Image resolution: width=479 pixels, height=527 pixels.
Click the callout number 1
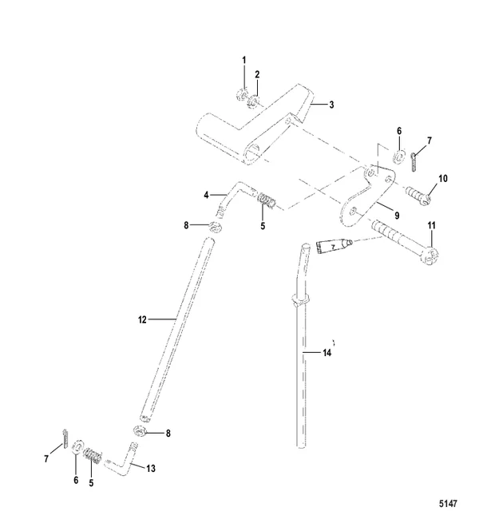pyautogui.click(x=244, y=61)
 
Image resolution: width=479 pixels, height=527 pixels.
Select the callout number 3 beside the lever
pyautogui.click(x=331, y=105)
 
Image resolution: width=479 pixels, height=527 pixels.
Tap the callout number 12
pyautogui.click(x=142, y=319)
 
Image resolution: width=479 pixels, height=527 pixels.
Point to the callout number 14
pyautogui.click(x=327, y=353)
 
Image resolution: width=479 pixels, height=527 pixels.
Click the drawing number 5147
pyautogui.click(x=448, y=504)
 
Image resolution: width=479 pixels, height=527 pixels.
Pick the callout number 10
pyautogui.click(x=443, y=179)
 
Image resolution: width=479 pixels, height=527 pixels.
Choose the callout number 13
pyautogui.click(x=151, y=468)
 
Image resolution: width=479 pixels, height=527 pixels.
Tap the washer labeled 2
pyautogui.click(x=253, y=101)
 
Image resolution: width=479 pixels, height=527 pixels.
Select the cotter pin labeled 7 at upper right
pyautogui.click(x=414, y=161)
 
